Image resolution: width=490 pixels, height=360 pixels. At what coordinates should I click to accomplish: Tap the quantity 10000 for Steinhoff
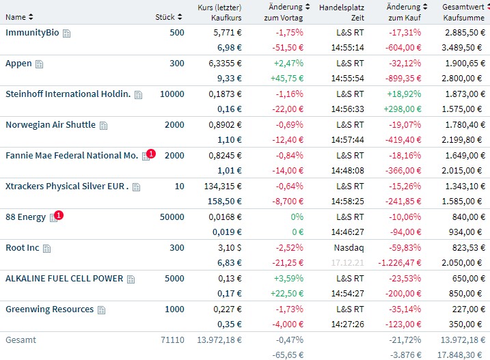(x=172, y=94)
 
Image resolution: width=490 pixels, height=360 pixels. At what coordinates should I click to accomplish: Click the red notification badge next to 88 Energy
(x=59, y=214)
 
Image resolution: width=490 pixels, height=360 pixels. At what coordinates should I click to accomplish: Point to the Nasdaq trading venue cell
(x=350, y=248)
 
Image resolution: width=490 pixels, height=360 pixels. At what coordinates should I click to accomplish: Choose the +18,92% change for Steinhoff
(x=405, y=94)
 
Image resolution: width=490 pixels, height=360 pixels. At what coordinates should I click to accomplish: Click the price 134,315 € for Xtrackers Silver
(x=223, y=186)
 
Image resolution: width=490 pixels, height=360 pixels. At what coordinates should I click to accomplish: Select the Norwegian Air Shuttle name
(x=50, y=125)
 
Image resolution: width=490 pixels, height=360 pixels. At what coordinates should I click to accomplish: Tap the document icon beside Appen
(x=39, y=64)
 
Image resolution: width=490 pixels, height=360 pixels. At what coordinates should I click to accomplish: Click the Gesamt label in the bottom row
(x=20, y=340)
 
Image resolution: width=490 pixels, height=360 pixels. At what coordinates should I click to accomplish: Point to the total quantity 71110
(x=171, y=340)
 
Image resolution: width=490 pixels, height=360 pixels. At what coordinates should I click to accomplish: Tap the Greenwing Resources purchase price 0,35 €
(x=229, y=324)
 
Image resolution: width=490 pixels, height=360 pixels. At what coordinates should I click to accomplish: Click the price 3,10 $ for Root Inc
(x=228, y=248)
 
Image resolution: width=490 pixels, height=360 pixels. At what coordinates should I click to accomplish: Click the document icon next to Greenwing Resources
(x=102, y=310)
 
